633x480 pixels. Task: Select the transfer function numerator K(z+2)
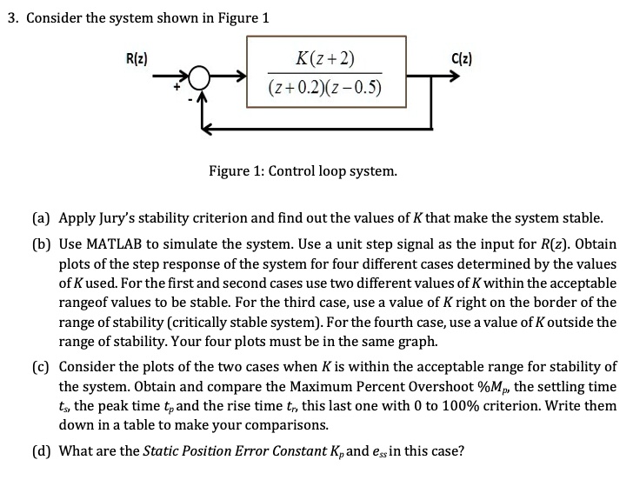325,60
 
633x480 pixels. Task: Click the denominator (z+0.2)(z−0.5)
325,88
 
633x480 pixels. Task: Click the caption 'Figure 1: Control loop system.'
303,171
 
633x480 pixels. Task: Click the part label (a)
43,217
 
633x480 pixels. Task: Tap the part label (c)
43,366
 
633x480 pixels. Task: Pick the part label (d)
43,450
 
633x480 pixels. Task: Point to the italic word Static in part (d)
162,450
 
